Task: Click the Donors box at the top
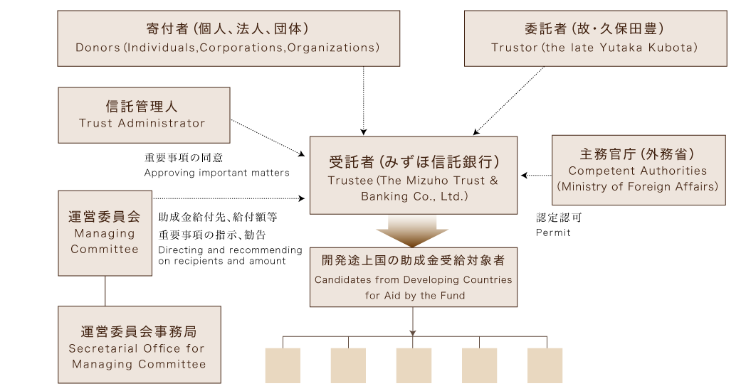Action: click(x=227, y=38)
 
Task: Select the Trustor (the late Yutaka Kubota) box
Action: click(x=594, y=38)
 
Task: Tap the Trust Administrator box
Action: click(x=143, y=114)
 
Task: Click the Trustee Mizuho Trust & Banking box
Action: click(x=413, y=175)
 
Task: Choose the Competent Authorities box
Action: click(x=638, y=170)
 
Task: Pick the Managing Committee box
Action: click(x=105, y=232)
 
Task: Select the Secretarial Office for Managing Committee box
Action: click(x=139, y=344)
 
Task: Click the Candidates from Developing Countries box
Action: click(x=413, y=277)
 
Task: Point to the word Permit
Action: click(x=552, y=232)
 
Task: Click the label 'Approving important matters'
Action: click(x=216, y=173)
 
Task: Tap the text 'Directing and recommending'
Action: click(x=230, y=250)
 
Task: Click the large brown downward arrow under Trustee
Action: click(x=412, y=232)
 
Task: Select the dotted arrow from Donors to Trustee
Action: click(x=364, y=100)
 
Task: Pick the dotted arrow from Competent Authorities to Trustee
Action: click(x=537, y=175)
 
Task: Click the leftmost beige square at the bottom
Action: click(x=283, y=365)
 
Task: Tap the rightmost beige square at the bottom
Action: click(x=545, y=365)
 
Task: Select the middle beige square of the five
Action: click(x=414, y=365)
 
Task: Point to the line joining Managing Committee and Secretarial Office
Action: click(x=105, y=291)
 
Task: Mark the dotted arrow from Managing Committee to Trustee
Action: click(x=228, y=198)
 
